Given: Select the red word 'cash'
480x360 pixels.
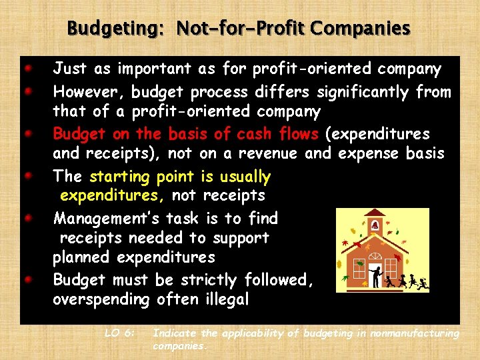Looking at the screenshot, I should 239,134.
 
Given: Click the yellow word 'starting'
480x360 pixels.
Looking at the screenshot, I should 120,177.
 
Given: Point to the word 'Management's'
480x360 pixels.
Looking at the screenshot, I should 107,219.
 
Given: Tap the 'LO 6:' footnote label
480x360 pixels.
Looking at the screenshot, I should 121,333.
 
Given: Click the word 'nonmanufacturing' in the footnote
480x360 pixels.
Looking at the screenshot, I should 414,333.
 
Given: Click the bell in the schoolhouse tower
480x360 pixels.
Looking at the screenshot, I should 375,223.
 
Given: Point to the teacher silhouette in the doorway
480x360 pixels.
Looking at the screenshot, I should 377,276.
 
